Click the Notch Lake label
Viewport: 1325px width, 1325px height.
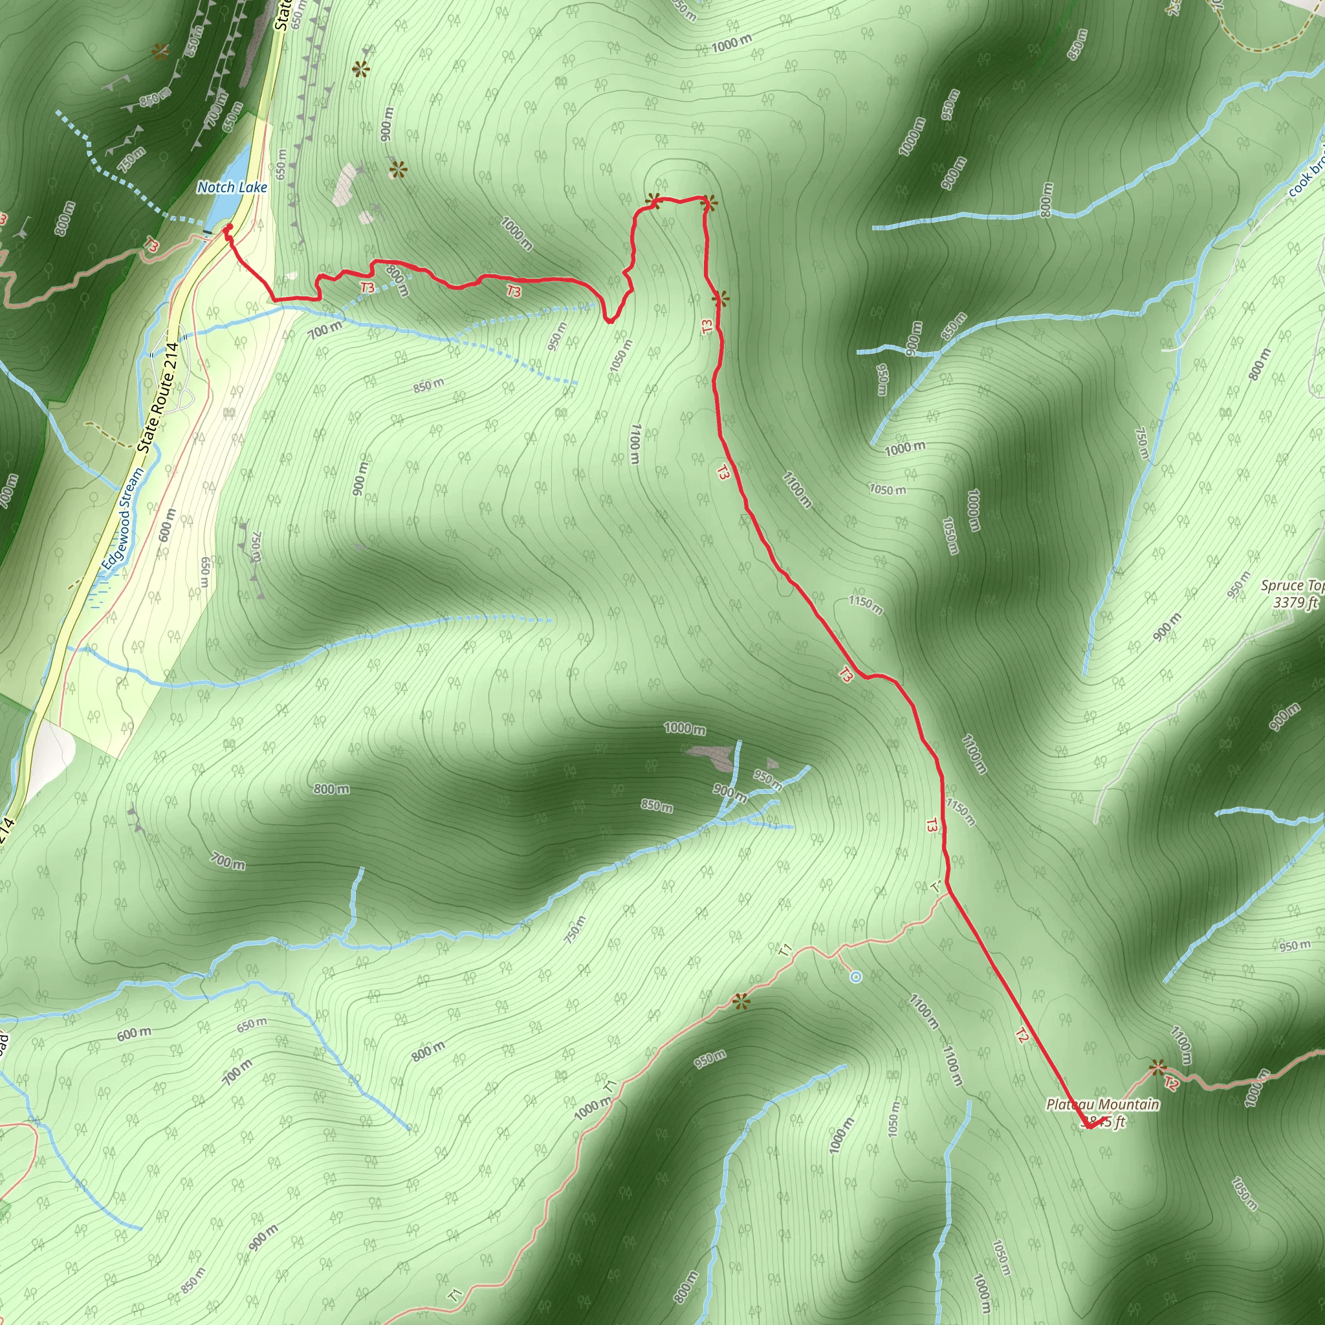pyautogui.click(x=232, y=187)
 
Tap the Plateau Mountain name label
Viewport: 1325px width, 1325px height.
pyautogui.click(x=1102, y=1104)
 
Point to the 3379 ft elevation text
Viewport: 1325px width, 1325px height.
pyautogui.click(x=1295, y=603)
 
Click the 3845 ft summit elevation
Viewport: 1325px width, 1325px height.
pyautogui.click(x=1105, y=1122)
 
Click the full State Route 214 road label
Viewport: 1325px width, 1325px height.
pyautogui.click(x=158, y=397)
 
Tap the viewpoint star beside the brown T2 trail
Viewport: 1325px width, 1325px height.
pyautogui.click(x=1157, y=1067)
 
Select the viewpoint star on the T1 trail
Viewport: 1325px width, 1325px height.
pyautogui.click(x=741, y=1002)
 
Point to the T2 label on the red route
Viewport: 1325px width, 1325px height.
pyautogui.click(x=1021, y=1036)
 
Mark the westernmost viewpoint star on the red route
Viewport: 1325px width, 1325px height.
pyautogui.click(x=653, y=201)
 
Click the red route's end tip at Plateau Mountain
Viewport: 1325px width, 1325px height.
pyautogui.click(x=1088, y=1127)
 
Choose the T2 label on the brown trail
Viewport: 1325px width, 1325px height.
pyautogui.click(x=1170, y=1084)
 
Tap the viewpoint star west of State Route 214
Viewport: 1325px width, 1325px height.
pyautogui.click(x=160, y=52)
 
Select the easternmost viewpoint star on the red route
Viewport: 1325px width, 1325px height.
pyautogui.click(x=720, y=299)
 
